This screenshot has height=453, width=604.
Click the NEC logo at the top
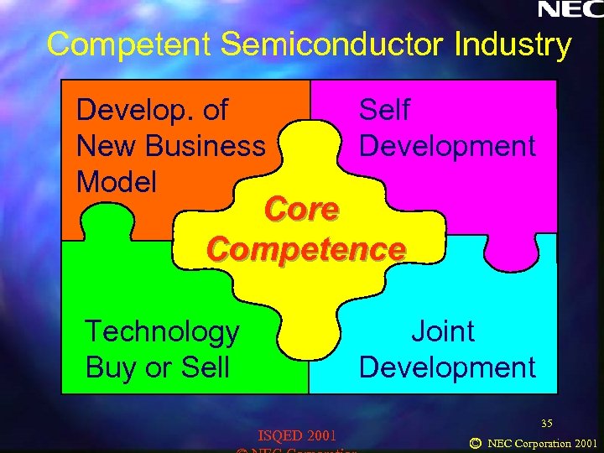point(569,10)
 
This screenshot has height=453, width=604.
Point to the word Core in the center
point(301,210)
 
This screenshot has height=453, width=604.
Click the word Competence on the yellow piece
point(306,249)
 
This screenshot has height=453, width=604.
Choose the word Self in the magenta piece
point(384,110)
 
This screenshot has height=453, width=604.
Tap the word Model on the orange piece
point(116,181)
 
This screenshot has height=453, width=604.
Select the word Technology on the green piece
point(162,332)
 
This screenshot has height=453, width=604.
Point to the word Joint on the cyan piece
point(443,332)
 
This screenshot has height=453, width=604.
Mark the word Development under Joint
point(446,367)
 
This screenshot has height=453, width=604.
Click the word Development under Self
point(446,146)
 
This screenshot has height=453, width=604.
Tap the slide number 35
point(547,422)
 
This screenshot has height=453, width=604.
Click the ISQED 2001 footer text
point(297,435)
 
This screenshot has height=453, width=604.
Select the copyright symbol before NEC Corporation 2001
point(475,442)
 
